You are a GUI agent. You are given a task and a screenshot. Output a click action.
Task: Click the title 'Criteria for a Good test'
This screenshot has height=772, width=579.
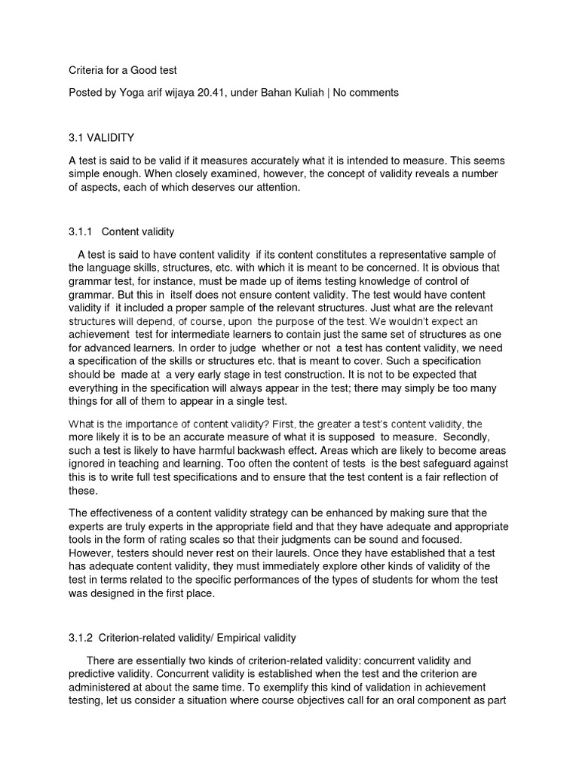tap(122, 70)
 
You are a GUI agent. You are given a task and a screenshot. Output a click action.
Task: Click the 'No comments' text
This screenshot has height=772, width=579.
tap(366, 93)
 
